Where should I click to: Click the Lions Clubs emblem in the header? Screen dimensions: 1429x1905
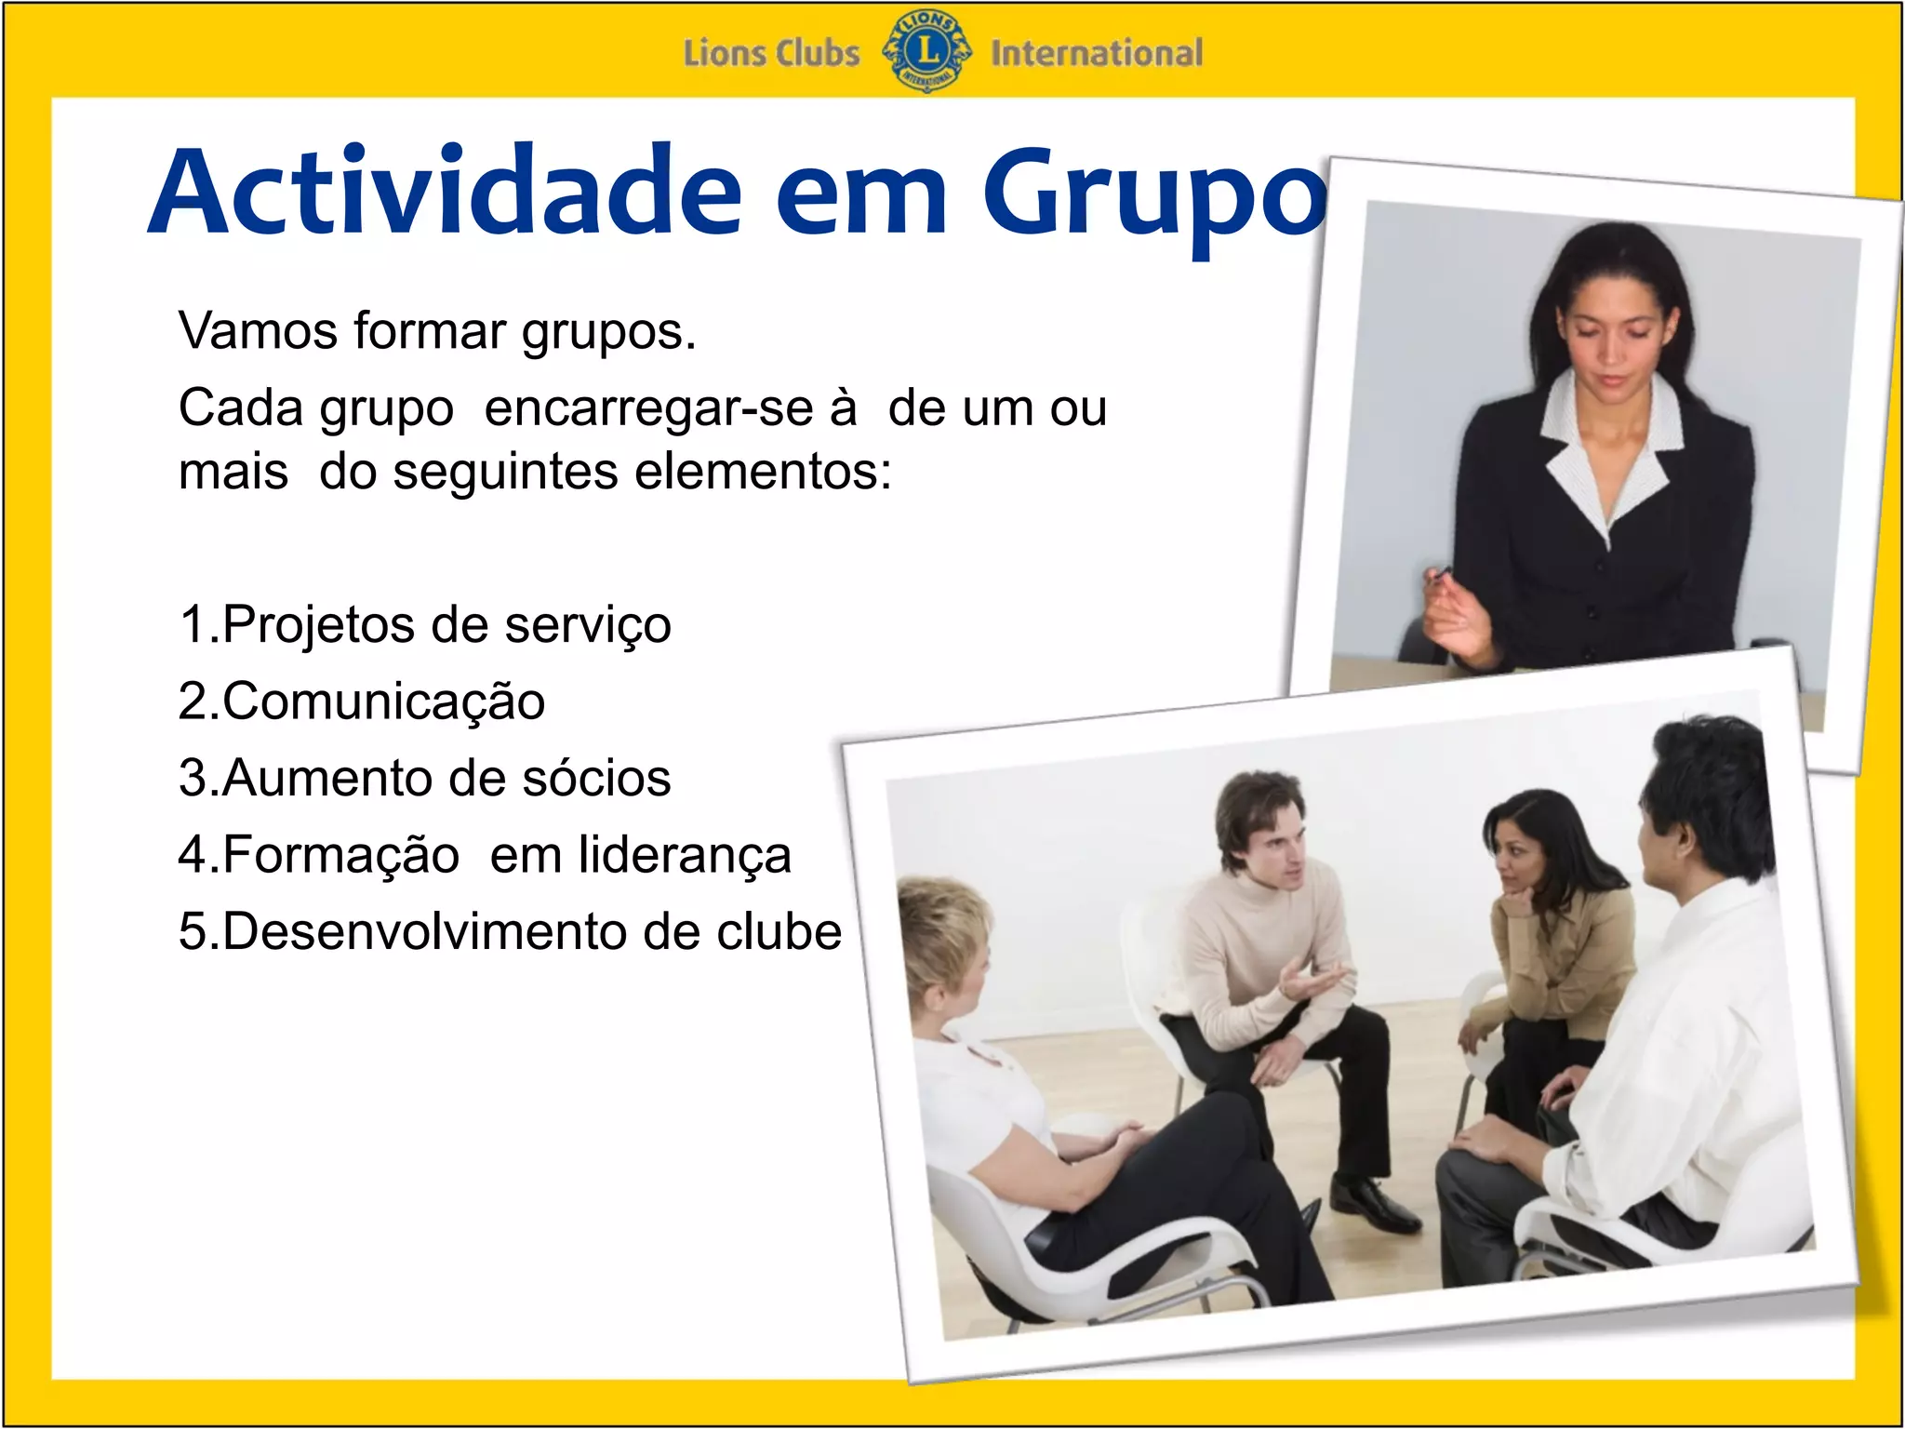pos(926,51)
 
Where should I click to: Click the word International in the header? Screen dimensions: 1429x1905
pos(1096,53)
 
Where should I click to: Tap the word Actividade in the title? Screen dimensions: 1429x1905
pos(445,192)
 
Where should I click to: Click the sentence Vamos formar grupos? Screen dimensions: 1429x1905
pos(437,331)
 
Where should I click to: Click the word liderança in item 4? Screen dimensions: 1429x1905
pos(685,855)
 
